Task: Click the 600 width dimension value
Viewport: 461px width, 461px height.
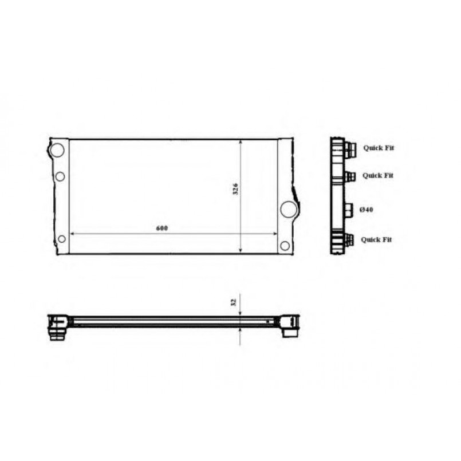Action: point(162,228)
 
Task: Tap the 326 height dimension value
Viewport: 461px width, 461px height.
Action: point(235,189)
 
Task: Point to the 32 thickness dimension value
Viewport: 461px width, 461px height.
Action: point(234,302)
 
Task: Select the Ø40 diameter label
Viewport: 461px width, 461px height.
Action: point(367,210)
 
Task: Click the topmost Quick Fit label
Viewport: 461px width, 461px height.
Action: point(379,148)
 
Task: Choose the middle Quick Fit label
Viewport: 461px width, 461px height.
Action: point(378,175)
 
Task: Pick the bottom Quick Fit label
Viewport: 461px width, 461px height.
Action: point(376,239)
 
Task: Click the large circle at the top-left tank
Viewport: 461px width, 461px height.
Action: point(57,150)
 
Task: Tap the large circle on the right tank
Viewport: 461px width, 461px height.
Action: point(289,210)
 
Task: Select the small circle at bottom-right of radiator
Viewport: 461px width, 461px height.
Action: point(285,246)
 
